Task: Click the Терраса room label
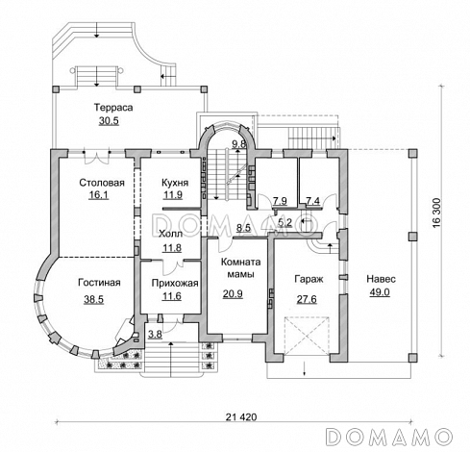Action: [113, 108]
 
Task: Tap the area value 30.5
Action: [109, 121]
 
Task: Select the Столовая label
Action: [102, 183]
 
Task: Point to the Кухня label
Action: [175, 183]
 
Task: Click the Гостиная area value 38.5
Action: [94, 299]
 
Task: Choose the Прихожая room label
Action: [175, 283]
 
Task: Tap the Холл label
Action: [171, 234]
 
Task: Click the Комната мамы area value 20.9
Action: [233, 293]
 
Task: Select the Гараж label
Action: [309, 279]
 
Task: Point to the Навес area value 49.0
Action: [380, 292]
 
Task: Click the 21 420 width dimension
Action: [241, 417]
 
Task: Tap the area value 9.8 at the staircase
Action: [239, 143]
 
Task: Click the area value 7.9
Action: [280, 201]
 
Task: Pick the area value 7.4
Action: [312, 201]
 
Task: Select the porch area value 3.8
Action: [155, 335]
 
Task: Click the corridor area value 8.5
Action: [243, 228]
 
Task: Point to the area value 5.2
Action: [284, 222]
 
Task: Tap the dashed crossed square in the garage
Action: [307, 336]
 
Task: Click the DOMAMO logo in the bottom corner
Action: [389, 437]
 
